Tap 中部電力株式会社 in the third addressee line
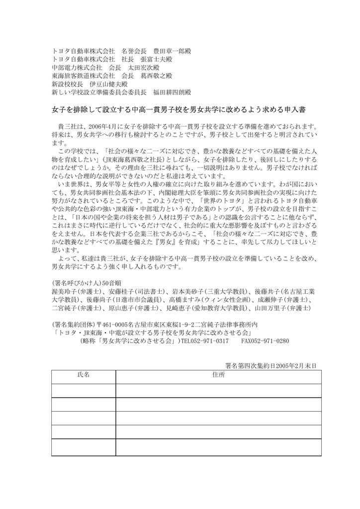(77, 68)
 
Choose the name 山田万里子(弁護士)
(279, 308)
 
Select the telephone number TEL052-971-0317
(204, 342)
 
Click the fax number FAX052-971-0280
(265, 342)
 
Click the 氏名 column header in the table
(83, 375)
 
